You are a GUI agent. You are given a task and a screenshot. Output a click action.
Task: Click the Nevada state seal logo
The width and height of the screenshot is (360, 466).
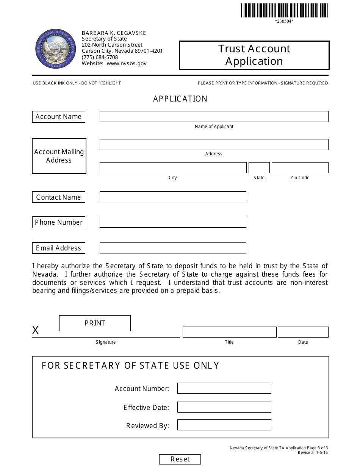pyautogui.click(x=50, y=48)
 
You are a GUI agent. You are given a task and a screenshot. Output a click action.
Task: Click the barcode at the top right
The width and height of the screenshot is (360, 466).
pyautogui.click(x=284, y=10)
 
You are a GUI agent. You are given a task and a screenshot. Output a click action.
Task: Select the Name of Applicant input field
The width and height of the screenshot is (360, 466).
pyautogui.click(x=214, y=116)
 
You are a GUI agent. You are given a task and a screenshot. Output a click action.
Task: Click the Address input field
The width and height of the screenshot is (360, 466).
pyautogui.click(x=214, y=144)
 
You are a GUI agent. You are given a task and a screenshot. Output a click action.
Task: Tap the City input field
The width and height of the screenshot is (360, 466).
pyautogui.click(x=173, y=167)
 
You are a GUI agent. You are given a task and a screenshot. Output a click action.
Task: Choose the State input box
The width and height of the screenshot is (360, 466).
pyautogui.click(x=259, y=167)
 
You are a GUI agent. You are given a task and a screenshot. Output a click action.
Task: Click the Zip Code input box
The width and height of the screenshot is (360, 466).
pyautogui.click(x=300, y=167)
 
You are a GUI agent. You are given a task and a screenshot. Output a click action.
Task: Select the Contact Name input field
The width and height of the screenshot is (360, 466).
pyautogui.click(x=173, y=197)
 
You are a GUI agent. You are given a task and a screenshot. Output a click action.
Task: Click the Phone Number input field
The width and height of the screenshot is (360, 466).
pyautogui.click(x=173, y=222)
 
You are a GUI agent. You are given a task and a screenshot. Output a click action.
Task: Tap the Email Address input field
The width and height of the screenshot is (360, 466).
pyautogui.click(x=173, y=248)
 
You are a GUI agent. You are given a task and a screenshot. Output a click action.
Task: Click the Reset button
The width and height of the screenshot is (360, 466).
pyautogui.click(x=180, y=459)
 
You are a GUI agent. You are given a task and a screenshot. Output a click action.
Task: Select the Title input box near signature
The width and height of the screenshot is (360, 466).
pyautogui.click(x=229, y=332)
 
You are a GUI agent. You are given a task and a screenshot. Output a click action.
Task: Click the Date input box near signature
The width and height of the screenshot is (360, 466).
pyautogui.click(x=303, y=332)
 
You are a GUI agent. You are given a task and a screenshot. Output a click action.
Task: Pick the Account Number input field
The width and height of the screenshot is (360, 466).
pyautogui.click(x=224, y=388)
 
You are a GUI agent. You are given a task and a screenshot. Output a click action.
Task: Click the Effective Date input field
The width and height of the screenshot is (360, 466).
pyautogui.click(x=224, y=407)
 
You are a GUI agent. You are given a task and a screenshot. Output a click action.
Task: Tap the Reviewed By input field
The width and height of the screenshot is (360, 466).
pyautogui.click(x=224, y=425)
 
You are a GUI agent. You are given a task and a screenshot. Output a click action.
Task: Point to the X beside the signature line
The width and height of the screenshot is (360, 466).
pyautogui.click(x=35, y=330)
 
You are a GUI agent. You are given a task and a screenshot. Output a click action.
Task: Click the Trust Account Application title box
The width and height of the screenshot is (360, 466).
pyautogui.click(x=254, y=55)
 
